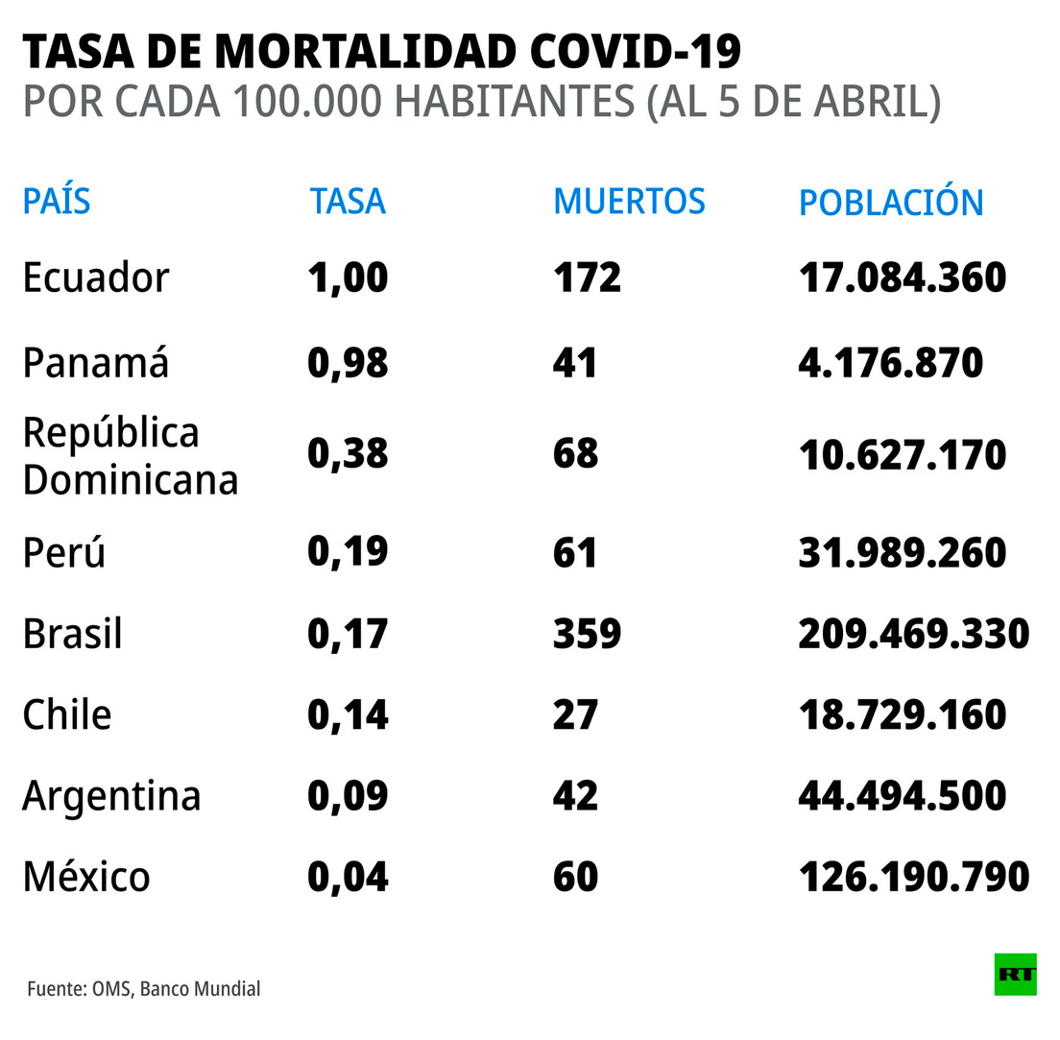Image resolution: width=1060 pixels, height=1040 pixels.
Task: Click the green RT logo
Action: [1015, 974]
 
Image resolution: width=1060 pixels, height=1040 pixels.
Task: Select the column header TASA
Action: [348, 202]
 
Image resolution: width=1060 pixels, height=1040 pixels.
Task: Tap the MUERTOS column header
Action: [629, 202]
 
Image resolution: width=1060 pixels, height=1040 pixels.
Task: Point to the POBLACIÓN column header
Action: [891, 202]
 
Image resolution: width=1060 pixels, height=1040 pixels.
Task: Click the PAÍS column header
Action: [57, 202]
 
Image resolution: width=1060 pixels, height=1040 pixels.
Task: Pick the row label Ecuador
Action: [96, 278]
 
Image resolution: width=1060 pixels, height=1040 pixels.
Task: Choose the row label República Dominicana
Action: [130, 456]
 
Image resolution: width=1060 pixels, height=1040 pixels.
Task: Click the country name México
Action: [86, 877]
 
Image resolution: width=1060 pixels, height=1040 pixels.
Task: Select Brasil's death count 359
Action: [587, 634]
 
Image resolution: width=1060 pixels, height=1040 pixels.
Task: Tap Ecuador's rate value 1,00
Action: [348, 278]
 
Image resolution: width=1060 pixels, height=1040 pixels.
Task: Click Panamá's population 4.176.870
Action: [890, 363]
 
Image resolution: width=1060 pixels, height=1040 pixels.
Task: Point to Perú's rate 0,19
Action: [348, 552]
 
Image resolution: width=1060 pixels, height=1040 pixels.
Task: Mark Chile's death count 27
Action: [575, 715]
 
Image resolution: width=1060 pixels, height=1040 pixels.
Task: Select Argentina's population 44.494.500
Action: [902, 796]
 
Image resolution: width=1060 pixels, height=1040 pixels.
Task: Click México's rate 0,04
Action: [348, 877]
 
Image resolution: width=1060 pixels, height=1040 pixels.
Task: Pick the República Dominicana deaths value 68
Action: [575, 454]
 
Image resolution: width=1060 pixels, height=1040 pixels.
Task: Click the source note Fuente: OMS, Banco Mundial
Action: [143, 988]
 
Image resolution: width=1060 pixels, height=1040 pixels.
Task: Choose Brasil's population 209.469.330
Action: [913, 634]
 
